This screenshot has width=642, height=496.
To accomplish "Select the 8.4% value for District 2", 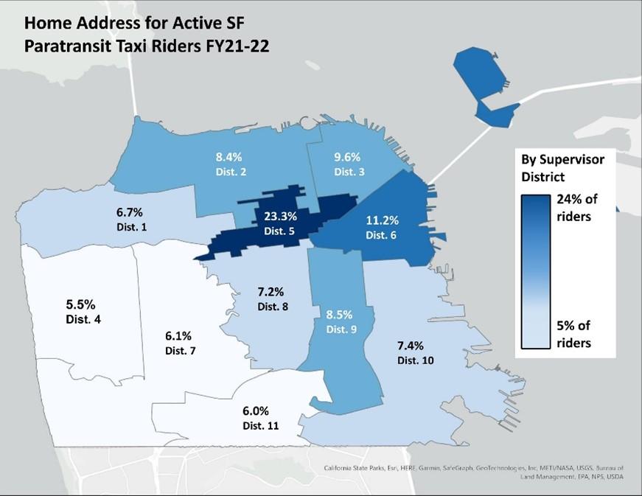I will [x=228, y=157].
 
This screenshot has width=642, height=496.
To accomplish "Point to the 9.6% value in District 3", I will [x=348, y=158].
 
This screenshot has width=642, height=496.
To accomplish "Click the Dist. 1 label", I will [x=133, y=227].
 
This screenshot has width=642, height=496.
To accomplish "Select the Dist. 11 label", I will [x=261, y=425].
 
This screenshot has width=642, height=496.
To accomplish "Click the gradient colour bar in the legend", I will [x=542, y=272].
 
